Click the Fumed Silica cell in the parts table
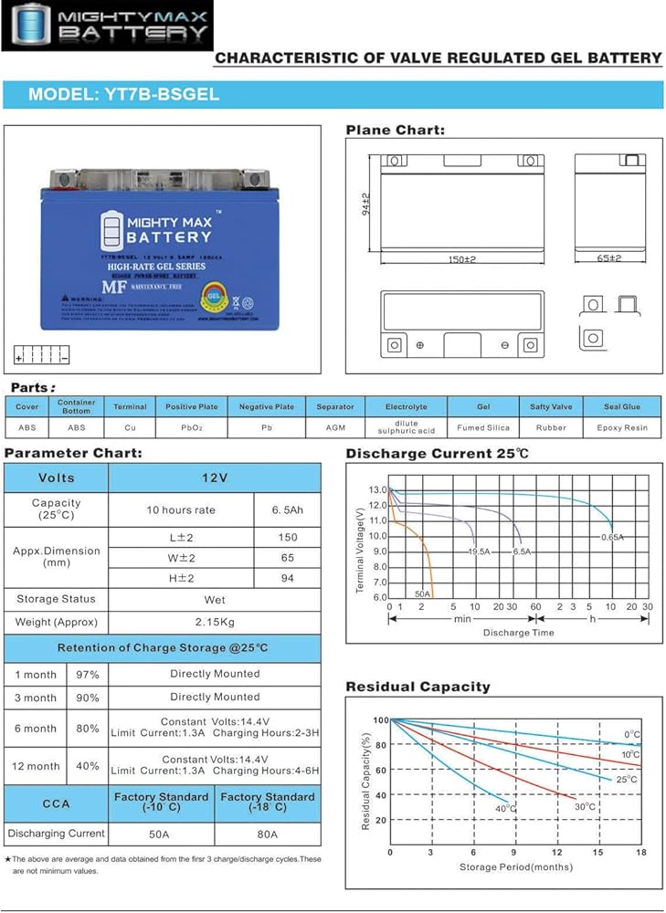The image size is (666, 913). tap(483, 427)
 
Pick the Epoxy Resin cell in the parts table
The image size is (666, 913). tap(622, 427)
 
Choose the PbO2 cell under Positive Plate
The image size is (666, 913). tap(192, 427)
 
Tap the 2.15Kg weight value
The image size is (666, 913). tap(215, 623)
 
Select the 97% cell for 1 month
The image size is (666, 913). tap(88, 674)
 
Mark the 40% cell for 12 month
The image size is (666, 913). tap(88, 766)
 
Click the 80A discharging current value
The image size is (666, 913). tap(268, 833)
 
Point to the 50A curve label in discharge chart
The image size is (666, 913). tap(422, 593)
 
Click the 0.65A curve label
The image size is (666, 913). tap(612, 538)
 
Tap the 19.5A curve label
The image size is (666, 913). tap(480, 552)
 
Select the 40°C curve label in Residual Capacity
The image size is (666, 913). tap(506, 809)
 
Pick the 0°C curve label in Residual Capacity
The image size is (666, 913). tap(632, 734)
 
